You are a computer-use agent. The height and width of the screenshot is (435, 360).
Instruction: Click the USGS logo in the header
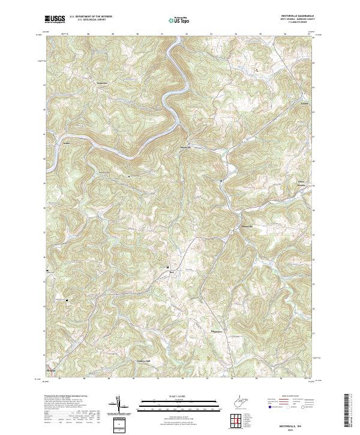click(x=54, y=20)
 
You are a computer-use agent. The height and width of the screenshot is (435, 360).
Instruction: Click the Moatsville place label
click(x=185, y=148)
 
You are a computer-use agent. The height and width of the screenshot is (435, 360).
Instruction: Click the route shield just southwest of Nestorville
click(x=230, y=231)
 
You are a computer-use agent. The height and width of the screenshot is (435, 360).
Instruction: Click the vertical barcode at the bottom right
click(x=349, y=411)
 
